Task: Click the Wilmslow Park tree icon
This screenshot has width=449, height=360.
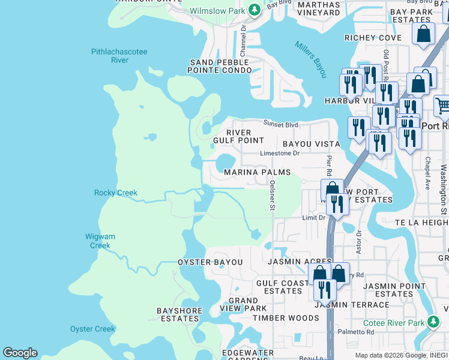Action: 255,10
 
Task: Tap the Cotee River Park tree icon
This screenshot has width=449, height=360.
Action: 433,322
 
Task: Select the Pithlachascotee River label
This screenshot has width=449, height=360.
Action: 119,56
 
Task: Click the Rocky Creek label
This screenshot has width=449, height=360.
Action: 116,193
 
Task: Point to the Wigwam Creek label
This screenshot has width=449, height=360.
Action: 100,241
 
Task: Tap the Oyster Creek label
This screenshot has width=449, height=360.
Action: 92,329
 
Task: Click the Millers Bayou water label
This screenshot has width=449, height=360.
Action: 310,59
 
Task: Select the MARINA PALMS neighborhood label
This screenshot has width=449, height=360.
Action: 257,172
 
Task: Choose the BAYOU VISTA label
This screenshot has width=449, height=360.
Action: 311,144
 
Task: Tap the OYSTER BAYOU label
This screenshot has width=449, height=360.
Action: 210,262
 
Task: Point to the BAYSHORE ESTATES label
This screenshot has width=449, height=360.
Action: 178,314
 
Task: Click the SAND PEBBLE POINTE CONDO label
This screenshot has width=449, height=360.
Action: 220,66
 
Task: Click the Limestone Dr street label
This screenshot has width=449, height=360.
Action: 280,153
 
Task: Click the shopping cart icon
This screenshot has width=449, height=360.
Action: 442,106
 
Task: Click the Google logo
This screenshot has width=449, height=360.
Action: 20,353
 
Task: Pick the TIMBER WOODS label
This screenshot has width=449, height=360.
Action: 286,318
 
